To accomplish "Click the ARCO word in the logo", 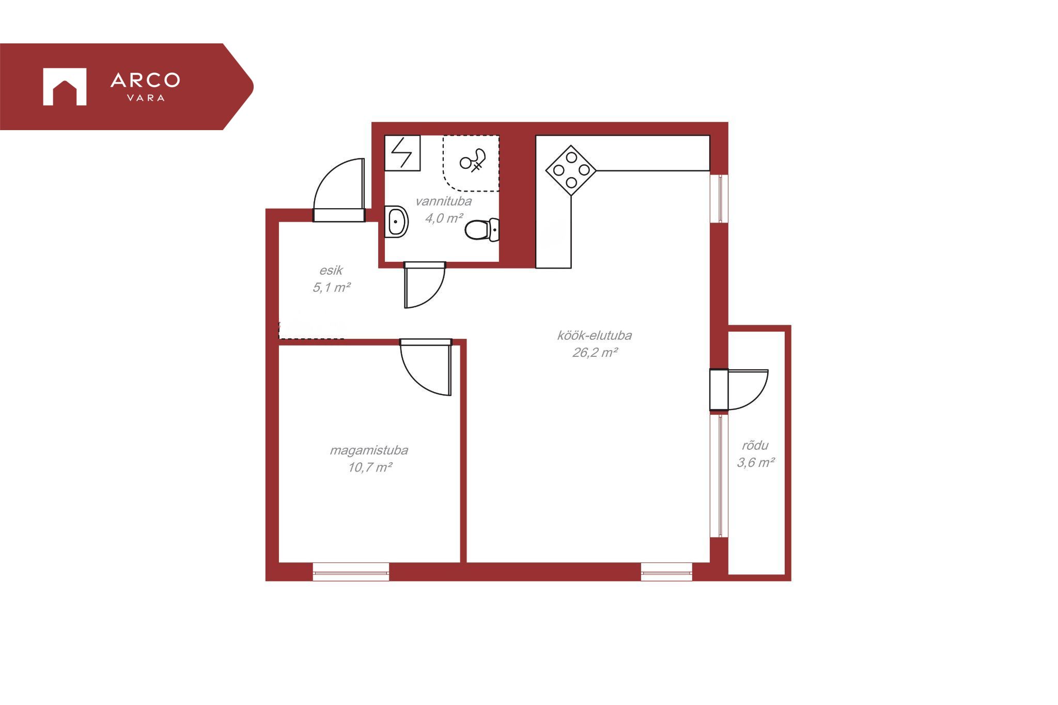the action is [145, 80].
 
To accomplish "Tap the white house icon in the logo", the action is [65, 87].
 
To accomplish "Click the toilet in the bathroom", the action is [482, 230].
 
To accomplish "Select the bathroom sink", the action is [396, 222].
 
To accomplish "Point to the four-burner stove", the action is [571, 170].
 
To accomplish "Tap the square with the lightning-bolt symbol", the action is [402, 153].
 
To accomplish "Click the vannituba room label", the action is [443, 201].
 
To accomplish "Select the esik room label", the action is [331, 270].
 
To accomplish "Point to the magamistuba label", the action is [369, 450].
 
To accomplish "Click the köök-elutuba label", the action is [594, 335].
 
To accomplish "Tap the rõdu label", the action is [755, 445].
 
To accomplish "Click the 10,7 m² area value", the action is [370, 467].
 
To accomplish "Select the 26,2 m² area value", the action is [595, 352].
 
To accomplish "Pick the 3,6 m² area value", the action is [755, 462].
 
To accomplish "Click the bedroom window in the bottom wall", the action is [351, 572].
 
